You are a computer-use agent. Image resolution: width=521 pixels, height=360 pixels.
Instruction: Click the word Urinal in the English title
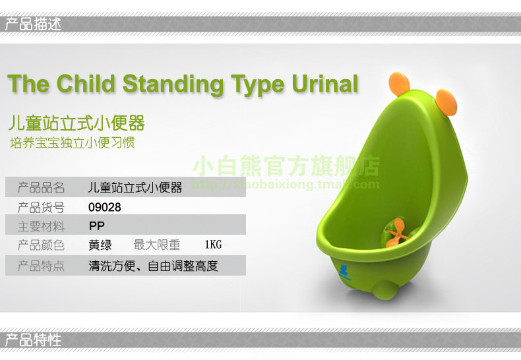(325, 83)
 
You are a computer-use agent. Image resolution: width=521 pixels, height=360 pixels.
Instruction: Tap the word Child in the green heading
(85, 83)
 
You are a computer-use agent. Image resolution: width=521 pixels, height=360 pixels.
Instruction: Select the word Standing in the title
(173, 84)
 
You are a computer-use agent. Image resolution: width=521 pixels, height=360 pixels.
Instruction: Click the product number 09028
(105, 207)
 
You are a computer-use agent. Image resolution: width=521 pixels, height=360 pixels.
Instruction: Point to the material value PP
(97, 226)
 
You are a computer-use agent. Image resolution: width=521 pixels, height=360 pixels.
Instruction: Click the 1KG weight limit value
(213, 245)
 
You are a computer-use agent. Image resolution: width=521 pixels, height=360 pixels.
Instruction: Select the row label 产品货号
(41, 208)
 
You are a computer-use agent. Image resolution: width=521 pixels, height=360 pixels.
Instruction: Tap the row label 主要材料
(41, 227)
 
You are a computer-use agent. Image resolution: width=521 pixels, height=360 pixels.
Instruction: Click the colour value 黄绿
(100, 245)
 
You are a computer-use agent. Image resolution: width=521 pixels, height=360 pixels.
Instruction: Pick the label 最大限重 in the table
(157, 245)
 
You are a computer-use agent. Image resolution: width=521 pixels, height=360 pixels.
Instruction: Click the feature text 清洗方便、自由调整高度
(153, 266)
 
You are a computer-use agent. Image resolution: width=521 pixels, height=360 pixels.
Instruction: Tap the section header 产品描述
(33, 24)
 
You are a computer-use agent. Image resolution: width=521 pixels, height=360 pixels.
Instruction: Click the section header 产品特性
(33, 340)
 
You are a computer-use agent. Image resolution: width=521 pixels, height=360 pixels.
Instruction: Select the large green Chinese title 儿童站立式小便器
(77, 123)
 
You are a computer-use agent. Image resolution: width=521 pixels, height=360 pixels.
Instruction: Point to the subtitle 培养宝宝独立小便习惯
(73, 143)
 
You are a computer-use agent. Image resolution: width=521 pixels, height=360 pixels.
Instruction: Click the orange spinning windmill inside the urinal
(396, 232)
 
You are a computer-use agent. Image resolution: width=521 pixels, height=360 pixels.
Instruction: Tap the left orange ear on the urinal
(399, 84)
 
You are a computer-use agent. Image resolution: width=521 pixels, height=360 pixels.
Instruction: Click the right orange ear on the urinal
(446, 103)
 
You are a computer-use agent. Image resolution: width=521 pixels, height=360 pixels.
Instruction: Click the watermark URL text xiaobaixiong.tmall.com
(286, 185)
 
